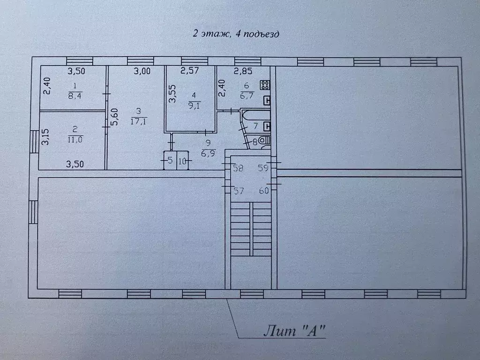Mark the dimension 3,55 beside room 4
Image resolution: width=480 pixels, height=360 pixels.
point(172,93)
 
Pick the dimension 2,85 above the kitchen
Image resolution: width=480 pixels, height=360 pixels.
point(243,72)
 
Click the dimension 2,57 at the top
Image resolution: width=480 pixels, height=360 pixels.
point(190,72)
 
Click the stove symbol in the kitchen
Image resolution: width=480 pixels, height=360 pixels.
point(265,85)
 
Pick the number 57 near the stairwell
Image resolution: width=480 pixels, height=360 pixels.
point(239,190)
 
